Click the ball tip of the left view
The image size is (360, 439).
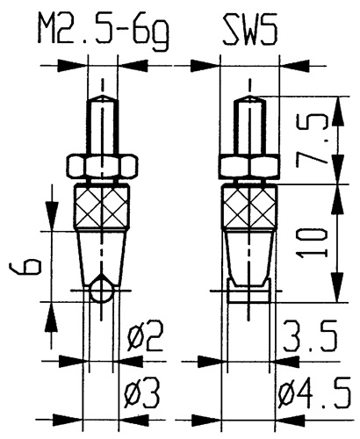click(x=104, y=291)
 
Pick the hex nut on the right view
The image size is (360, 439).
click(x=251, y=167)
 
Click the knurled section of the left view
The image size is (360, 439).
click(x=104, y=209)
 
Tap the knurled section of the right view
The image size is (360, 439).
click(x=251, y=209)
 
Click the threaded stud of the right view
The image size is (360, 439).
click(x=251, y=128)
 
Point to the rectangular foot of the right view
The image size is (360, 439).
click(x=251, y=291)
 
